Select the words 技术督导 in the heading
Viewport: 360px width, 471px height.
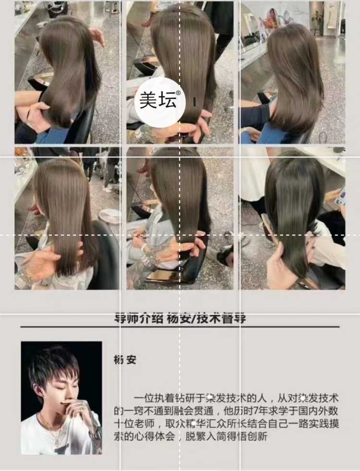224,318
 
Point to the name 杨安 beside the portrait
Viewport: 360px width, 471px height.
125,360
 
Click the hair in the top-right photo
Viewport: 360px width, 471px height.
293,77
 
